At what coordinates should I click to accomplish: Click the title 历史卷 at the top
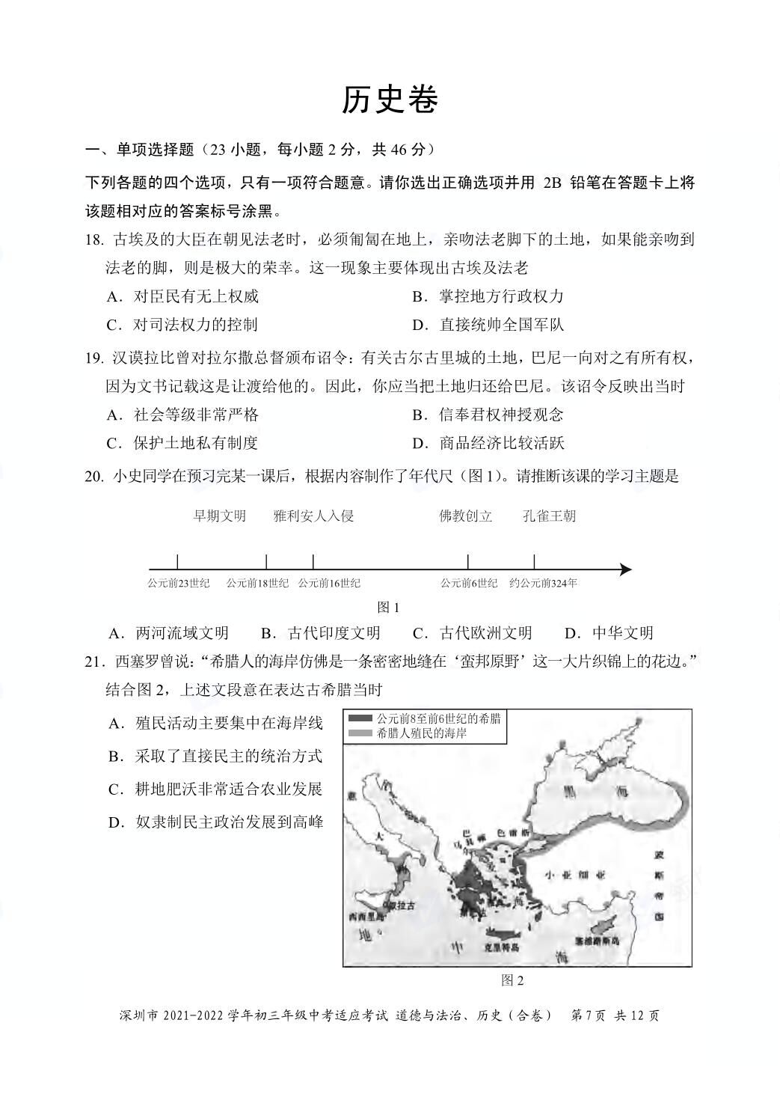pyautogui.click(x=390, y=101)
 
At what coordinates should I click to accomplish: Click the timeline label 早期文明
pyautogui.click(x=219, y=516)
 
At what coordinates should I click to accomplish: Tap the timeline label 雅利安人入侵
pyautogui.click(x=313, y=516)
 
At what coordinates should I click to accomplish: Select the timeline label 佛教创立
pyautogui.click(x=466, y=516)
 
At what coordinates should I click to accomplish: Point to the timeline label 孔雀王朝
pyautogui.click(x=550, y=516)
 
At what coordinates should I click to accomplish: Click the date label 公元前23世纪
pyautogui.click(x=178, y=583)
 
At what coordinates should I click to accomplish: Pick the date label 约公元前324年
pyautogui.click(x=543, y=583)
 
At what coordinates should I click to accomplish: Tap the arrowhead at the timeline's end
pyautogui.click(x=626, y=569)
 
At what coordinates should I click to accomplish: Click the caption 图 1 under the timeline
pyautogui.click(x=389, y=607)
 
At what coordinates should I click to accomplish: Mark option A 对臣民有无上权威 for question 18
pyautogui.click(x=183, y=296)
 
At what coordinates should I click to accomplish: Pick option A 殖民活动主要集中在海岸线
pyautogui.click(x=216, y=723)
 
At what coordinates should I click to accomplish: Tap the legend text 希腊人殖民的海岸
pyautogui.click(x=423, y=733)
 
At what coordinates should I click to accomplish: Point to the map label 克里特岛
pyautogui.click(x=502, y=947)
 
